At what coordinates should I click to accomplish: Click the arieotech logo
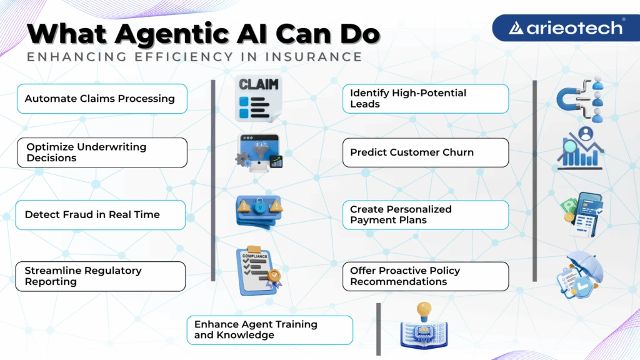tap(566, 28)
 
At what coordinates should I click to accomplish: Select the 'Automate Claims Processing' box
tap(102, 99)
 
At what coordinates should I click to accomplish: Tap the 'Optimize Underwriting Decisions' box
tap(101, 152)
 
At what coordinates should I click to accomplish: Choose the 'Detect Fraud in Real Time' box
tap(101, 215)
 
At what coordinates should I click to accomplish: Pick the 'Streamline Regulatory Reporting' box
tap(101, 276)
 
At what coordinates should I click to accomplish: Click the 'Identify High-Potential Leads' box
tap(425, 99)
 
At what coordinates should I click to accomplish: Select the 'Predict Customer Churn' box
tap(425, 152)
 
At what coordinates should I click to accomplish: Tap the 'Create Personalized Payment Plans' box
tap(425, 215)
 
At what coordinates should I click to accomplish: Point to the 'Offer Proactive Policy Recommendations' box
tap(425, 276)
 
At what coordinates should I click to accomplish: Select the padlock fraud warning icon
tap(259, 207)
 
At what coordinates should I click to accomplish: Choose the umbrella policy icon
tap(581, 274)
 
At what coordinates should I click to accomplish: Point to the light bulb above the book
tap(424, 309)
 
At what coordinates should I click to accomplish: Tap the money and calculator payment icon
tap(582, 214)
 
